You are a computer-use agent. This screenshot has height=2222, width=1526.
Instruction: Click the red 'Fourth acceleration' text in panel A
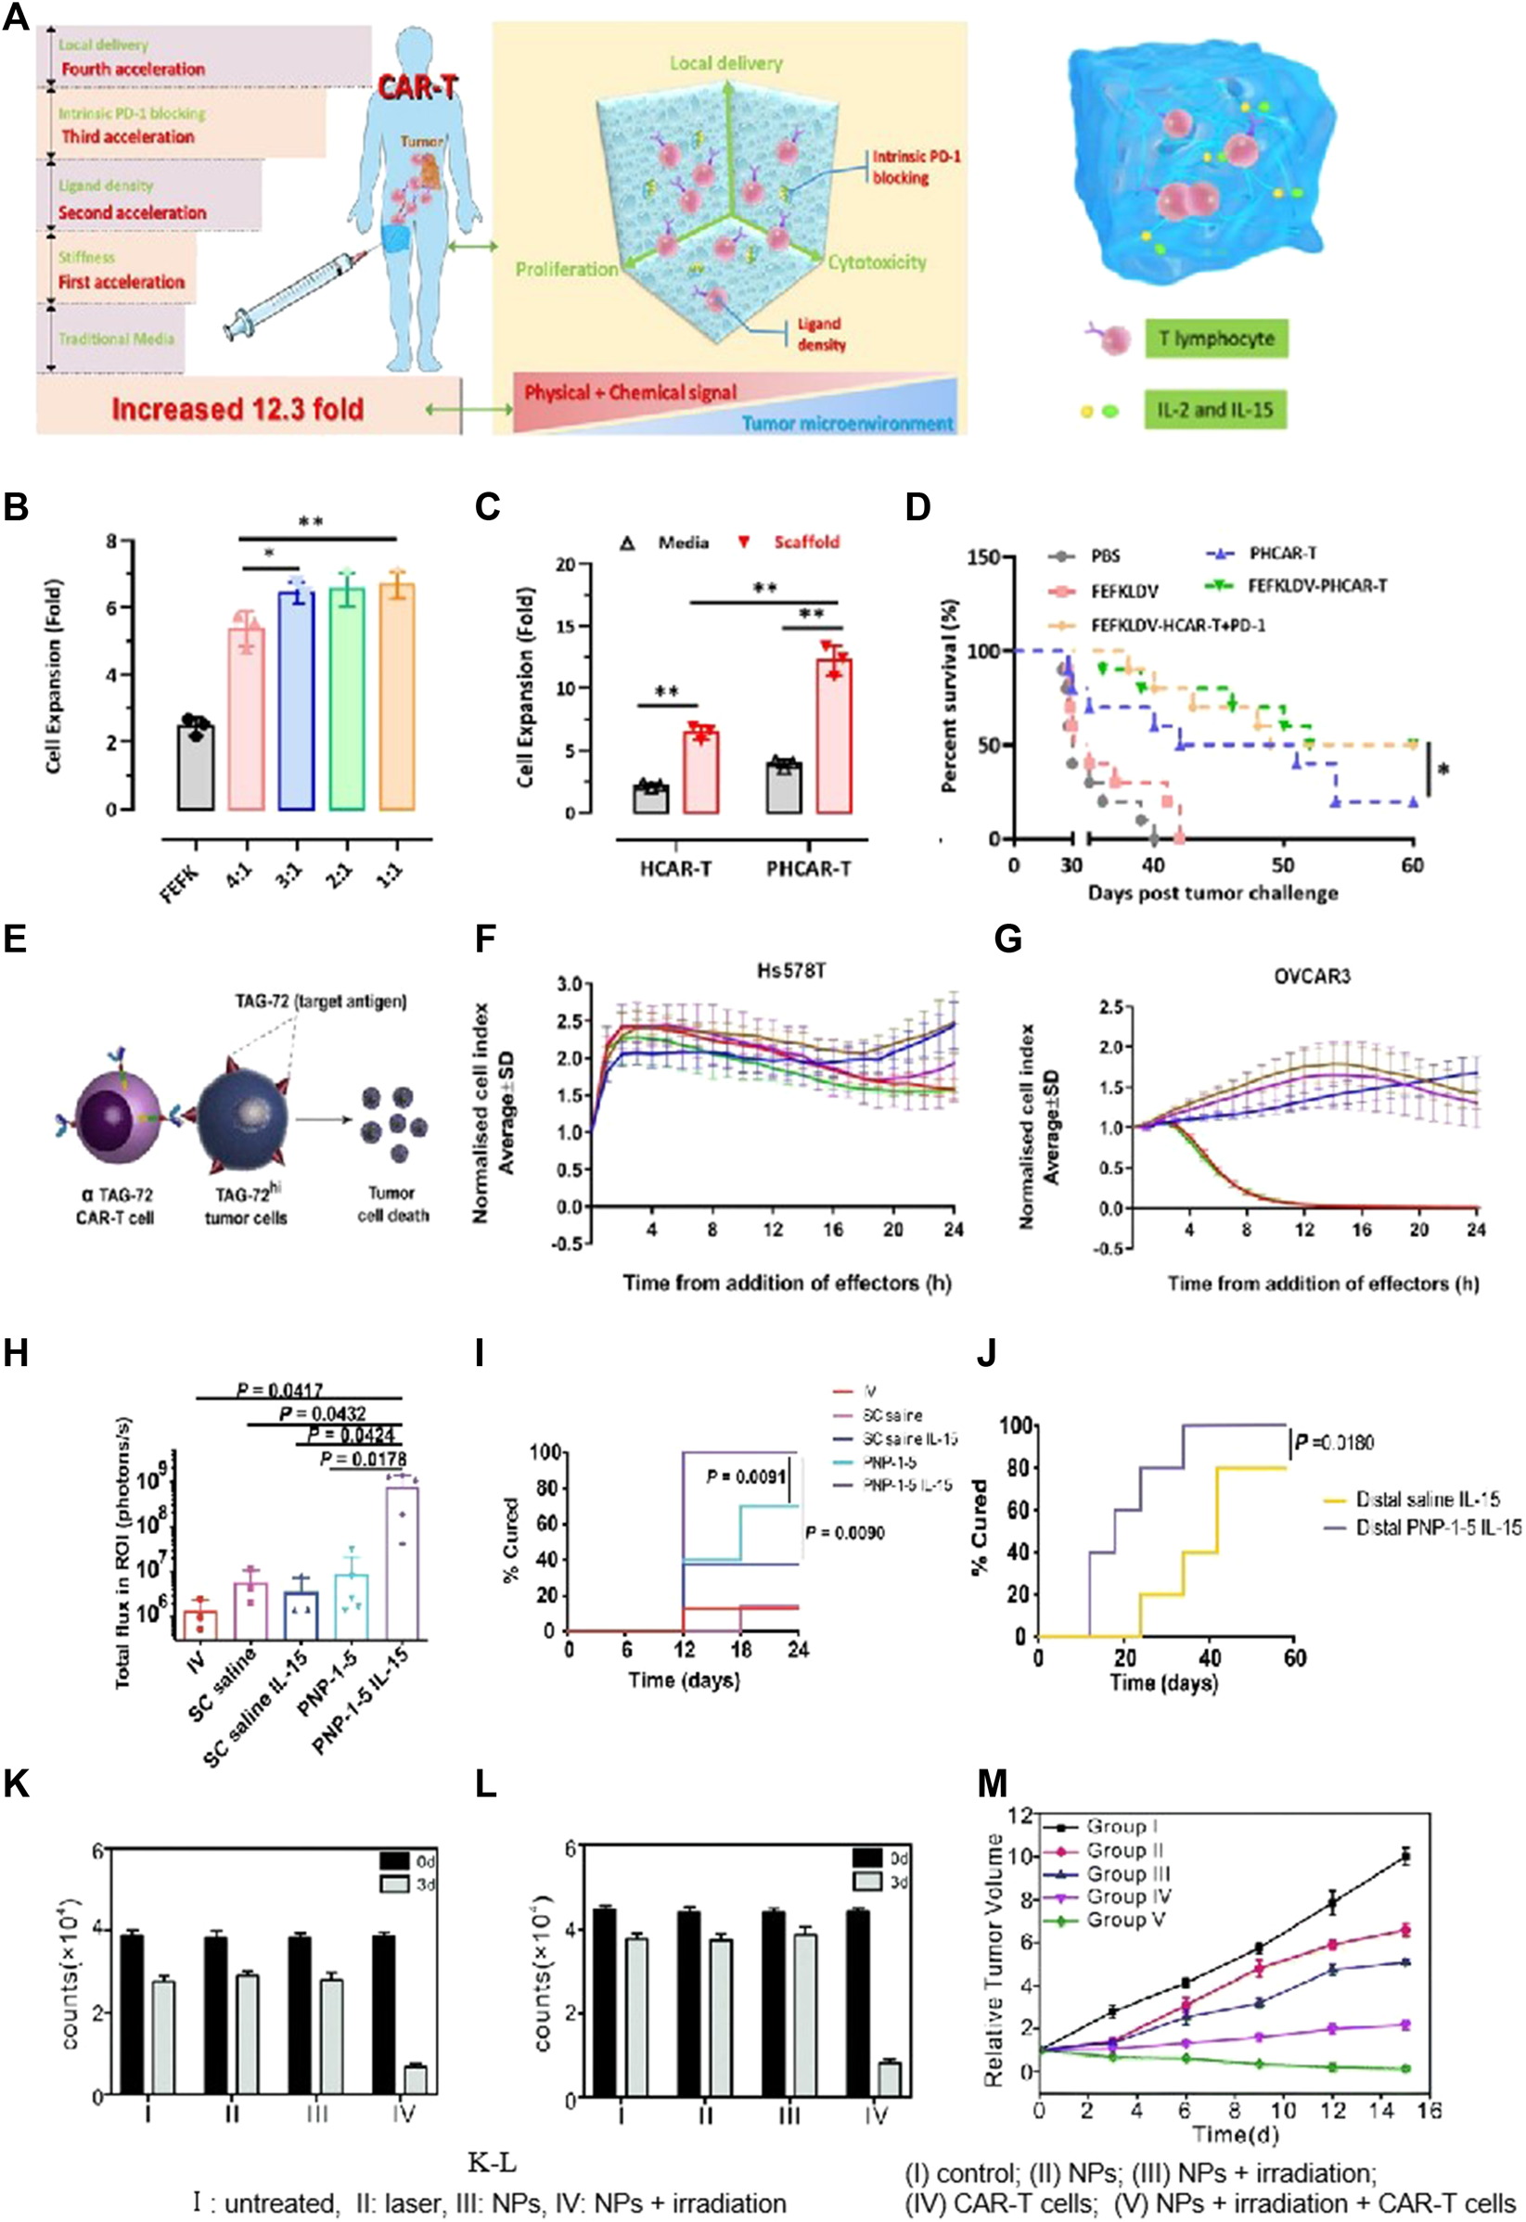click(133, 69)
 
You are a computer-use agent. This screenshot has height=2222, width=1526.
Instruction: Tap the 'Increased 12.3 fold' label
click(237, 409)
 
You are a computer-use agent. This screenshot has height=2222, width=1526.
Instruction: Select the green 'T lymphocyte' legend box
click(1216, 338)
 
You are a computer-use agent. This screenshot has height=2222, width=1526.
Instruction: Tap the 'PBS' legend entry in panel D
click(1104, 556)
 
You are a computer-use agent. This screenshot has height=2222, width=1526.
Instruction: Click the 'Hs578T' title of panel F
click(790, 971)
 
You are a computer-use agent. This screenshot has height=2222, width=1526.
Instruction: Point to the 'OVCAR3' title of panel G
click(1312, 977)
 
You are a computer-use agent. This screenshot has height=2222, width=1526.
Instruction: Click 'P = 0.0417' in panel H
click(280, 1390)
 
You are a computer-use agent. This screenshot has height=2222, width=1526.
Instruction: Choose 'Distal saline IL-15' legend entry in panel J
click(1427, 1500)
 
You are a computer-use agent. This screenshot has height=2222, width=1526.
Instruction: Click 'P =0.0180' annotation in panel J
click(1334, 1443)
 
